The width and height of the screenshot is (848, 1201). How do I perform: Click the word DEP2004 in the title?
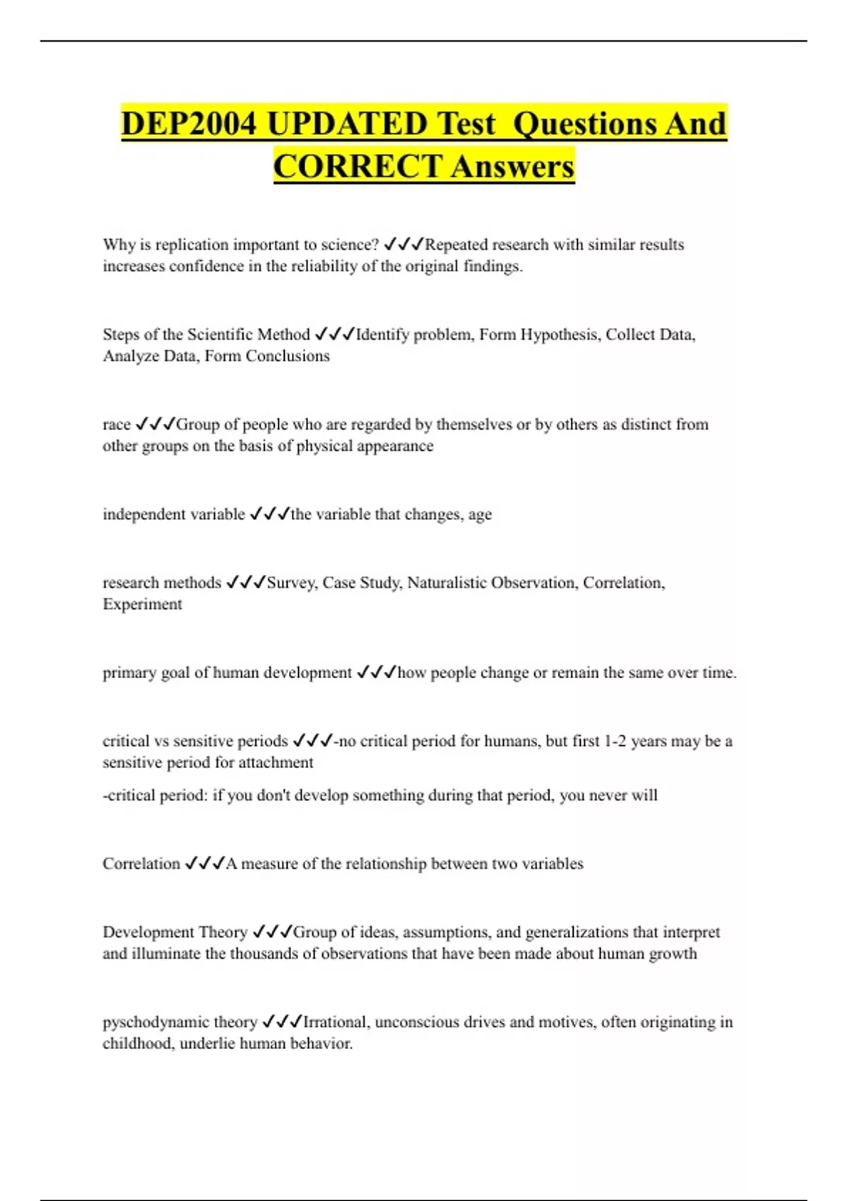pyautogui.click(x=189, y=124)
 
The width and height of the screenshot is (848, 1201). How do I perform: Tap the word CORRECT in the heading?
pyautogui.click(x=358, y=167)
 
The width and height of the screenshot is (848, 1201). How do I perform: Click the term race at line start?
pyautogui.click(x=117, y=425)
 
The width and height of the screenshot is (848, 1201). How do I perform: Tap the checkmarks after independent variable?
pyautogui.click(x=270, y=514)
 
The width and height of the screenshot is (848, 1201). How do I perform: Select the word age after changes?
pyautogui.click(x=480, y=515)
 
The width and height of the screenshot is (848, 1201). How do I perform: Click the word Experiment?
pyautogui.click(x=142, y=604)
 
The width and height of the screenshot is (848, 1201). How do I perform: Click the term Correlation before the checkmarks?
pyautogui.click(x=141, y=863)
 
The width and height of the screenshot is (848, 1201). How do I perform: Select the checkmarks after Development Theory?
pyautogui.click(x=272, y=932)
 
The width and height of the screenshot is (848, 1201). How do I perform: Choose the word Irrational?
pyautogui.click(x=335, y=1022)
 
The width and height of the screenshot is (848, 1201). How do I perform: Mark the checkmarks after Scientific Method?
pyautogui.click(x=334, y=334)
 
